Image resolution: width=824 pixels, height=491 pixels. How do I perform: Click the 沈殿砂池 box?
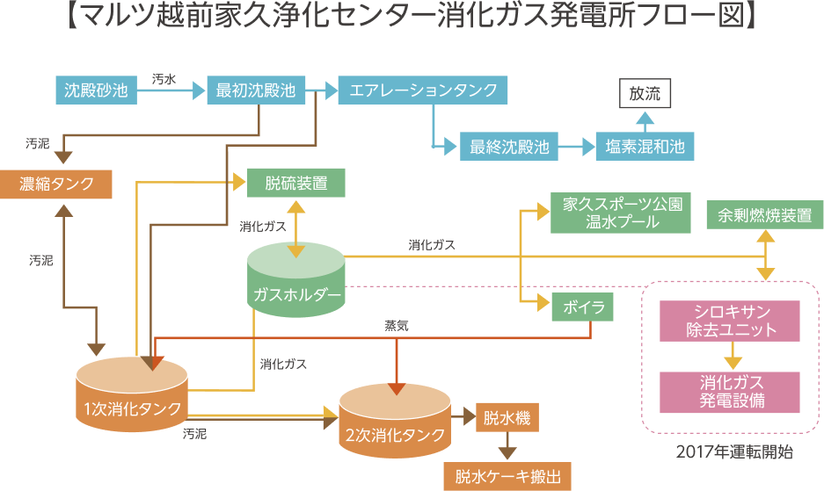tap(97, 90)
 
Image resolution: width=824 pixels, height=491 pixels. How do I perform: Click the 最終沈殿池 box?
tap(509, 147)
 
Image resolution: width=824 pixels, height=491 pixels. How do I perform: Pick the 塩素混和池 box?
tap(645, 147)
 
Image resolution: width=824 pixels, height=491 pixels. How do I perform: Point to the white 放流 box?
tap(645, 92)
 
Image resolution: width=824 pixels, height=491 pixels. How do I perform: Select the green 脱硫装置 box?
tap(296, 184)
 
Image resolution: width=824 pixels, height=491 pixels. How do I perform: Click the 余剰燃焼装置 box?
tap(764, 215)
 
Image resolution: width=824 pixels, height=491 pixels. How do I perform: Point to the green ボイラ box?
tap(582, 308)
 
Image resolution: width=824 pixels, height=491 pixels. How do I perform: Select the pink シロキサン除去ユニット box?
tap(731, 321)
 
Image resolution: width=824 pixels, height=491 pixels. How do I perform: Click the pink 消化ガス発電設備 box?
tap(731, 392)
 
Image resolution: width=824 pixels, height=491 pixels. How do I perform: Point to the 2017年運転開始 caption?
tap(734, 453)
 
